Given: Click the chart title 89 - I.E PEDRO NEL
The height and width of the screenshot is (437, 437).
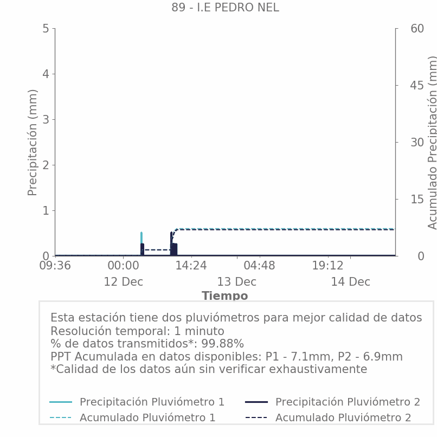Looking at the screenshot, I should pos(225,8).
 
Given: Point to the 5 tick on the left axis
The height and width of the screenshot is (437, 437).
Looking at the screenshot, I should pos(46,29).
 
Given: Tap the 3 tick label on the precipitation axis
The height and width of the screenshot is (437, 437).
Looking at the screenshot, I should pos(46,119).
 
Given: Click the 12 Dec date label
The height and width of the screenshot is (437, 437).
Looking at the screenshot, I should pos(123,282).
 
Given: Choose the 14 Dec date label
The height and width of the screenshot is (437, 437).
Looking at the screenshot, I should pos(350,282).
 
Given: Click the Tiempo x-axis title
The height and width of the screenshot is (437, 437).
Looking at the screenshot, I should pos(224,296).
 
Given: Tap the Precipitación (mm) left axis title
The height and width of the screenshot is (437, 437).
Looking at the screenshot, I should pos(33,142).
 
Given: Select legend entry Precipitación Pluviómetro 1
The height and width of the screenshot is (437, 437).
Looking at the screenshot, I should pos(152,402).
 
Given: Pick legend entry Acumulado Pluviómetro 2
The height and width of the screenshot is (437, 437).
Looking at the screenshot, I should pos(343,417).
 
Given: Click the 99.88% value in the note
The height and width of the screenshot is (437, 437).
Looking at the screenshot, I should pos(222,344).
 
